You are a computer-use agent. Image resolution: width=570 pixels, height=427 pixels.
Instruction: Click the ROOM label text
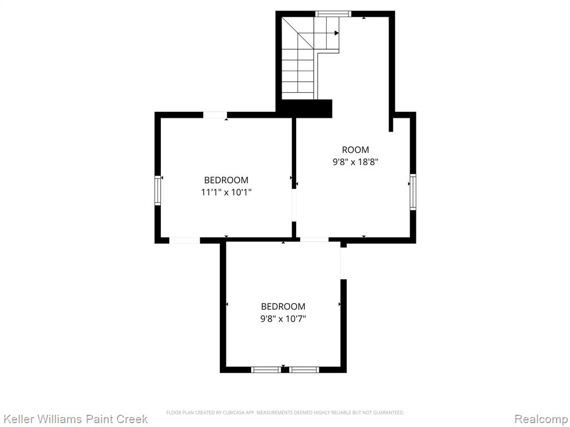pyautogui.click(x=355, y=150)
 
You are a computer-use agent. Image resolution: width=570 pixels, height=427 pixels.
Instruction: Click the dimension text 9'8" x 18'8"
pyautogui.click(x=356, y=162)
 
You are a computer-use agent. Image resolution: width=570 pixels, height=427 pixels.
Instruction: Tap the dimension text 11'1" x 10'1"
pyautogui.click(x=227, y=192)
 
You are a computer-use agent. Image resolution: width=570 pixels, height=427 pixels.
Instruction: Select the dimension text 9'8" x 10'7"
pyautogui.click(x=283, y=319)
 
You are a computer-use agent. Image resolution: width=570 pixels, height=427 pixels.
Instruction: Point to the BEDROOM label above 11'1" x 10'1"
pyautogui.click(x=226, y=180)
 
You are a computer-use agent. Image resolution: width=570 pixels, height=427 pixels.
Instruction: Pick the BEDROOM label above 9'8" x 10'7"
pyautogui.click(x=283, y=306)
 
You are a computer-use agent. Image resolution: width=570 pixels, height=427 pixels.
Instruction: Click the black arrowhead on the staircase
pyautogui.click(x=337, y=33)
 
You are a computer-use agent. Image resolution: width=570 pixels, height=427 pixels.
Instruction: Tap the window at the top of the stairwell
pyautogui.click(x=333, y=14)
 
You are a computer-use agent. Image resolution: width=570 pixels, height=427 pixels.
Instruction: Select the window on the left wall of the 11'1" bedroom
pyautogui.click(x=158, y=190)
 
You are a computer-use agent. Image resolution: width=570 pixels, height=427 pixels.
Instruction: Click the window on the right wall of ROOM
pyautogui.click(x=413, y=192)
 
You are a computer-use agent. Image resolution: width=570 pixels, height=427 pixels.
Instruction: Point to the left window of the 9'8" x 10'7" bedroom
pyautogui.click(x=266, y=370)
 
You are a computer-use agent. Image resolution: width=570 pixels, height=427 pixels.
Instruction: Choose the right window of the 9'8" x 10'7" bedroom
pyautogui.click(x=304, y=370)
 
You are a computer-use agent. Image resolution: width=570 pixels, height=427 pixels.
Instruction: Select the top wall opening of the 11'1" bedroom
pyautogui.click(x=215, y=115)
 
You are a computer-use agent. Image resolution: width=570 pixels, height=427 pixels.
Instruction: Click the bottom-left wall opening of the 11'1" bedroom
pyautogui.click(x=185, y=240)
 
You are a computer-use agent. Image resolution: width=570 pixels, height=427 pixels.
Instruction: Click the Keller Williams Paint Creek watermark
pyautogui.click(x=76, y=419)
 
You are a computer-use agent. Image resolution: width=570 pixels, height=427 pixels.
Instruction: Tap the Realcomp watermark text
pyautogui.click(x=541, y=419)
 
